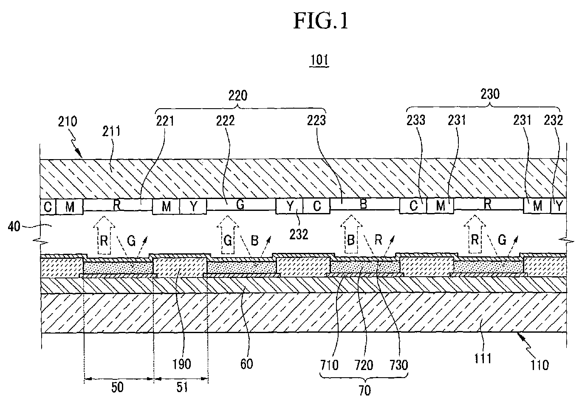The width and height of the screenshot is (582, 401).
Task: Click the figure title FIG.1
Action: pos(321,21)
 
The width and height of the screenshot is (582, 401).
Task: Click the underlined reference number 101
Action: pos(319,60)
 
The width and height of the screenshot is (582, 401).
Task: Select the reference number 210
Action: pos(68,121)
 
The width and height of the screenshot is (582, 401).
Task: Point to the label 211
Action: pos(111,131)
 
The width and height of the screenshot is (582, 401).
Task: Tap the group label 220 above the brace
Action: pos(238,95)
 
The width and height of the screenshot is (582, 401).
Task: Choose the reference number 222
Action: pos(225,121)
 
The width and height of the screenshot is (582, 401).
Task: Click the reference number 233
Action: pos(416,120)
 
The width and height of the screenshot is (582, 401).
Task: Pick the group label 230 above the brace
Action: pos(490,94)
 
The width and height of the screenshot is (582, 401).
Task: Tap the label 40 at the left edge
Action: pos(14,227)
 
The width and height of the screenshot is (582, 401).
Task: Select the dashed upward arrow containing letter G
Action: pos(228,235)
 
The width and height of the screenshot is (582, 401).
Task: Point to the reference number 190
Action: pos(182,364)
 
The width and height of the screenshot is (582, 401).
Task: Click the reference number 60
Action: pos(246,364)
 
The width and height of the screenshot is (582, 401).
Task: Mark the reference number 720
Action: pos(364,365)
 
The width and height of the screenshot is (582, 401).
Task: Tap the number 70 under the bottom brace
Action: pos(365,390)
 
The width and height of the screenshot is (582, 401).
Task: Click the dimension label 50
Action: pos(117,387)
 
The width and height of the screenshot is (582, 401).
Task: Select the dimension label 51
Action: pos(182,387)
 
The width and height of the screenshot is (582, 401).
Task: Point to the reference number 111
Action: pos(483,359)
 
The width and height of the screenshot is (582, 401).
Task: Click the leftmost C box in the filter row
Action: pos(48,207)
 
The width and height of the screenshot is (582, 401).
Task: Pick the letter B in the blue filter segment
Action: pos(364,204)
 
